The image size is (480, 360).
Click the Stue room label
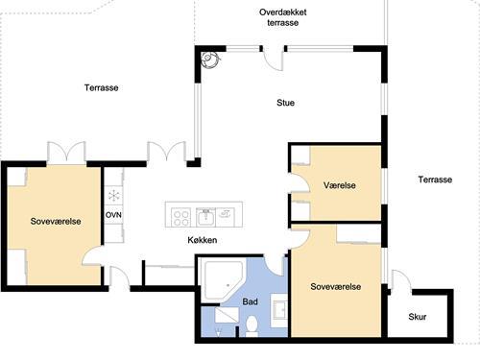[285, 103]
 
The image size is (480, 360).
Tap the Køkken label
[203, 240]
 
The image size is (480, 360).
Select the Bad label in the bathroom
[250, 301]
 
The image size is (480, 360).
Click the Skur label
[418, 317]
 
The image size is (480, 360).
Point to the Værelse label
[340, 185]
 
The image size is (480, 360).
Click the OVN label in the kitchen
[113, 215]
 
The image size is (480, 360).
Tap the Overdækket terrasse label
[283, 17]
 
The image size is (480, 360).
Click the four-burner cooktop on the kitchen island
[181, 217]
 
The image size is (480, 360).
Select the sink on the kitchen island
[205, 217]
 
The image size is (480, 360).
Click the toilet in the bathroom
[252, 326]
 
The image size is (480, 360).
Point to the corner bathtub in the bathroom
[223, 280]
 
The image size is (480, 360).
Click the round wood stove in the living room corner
[210, 60]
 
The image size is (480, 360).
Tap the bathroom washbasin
[279, 310]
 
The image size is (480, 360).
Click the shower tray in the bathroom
[227, 315]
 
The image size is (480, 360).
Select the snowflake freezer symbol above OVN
[113, 196]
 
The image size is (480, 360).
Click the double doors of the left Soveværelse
[66, 153]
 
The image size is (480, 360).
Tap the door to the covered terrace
[273, 59]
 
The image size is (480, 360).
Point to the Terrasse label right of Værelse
[435, 180]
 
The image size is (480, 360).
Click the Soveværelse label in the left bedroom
[56, 221]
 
